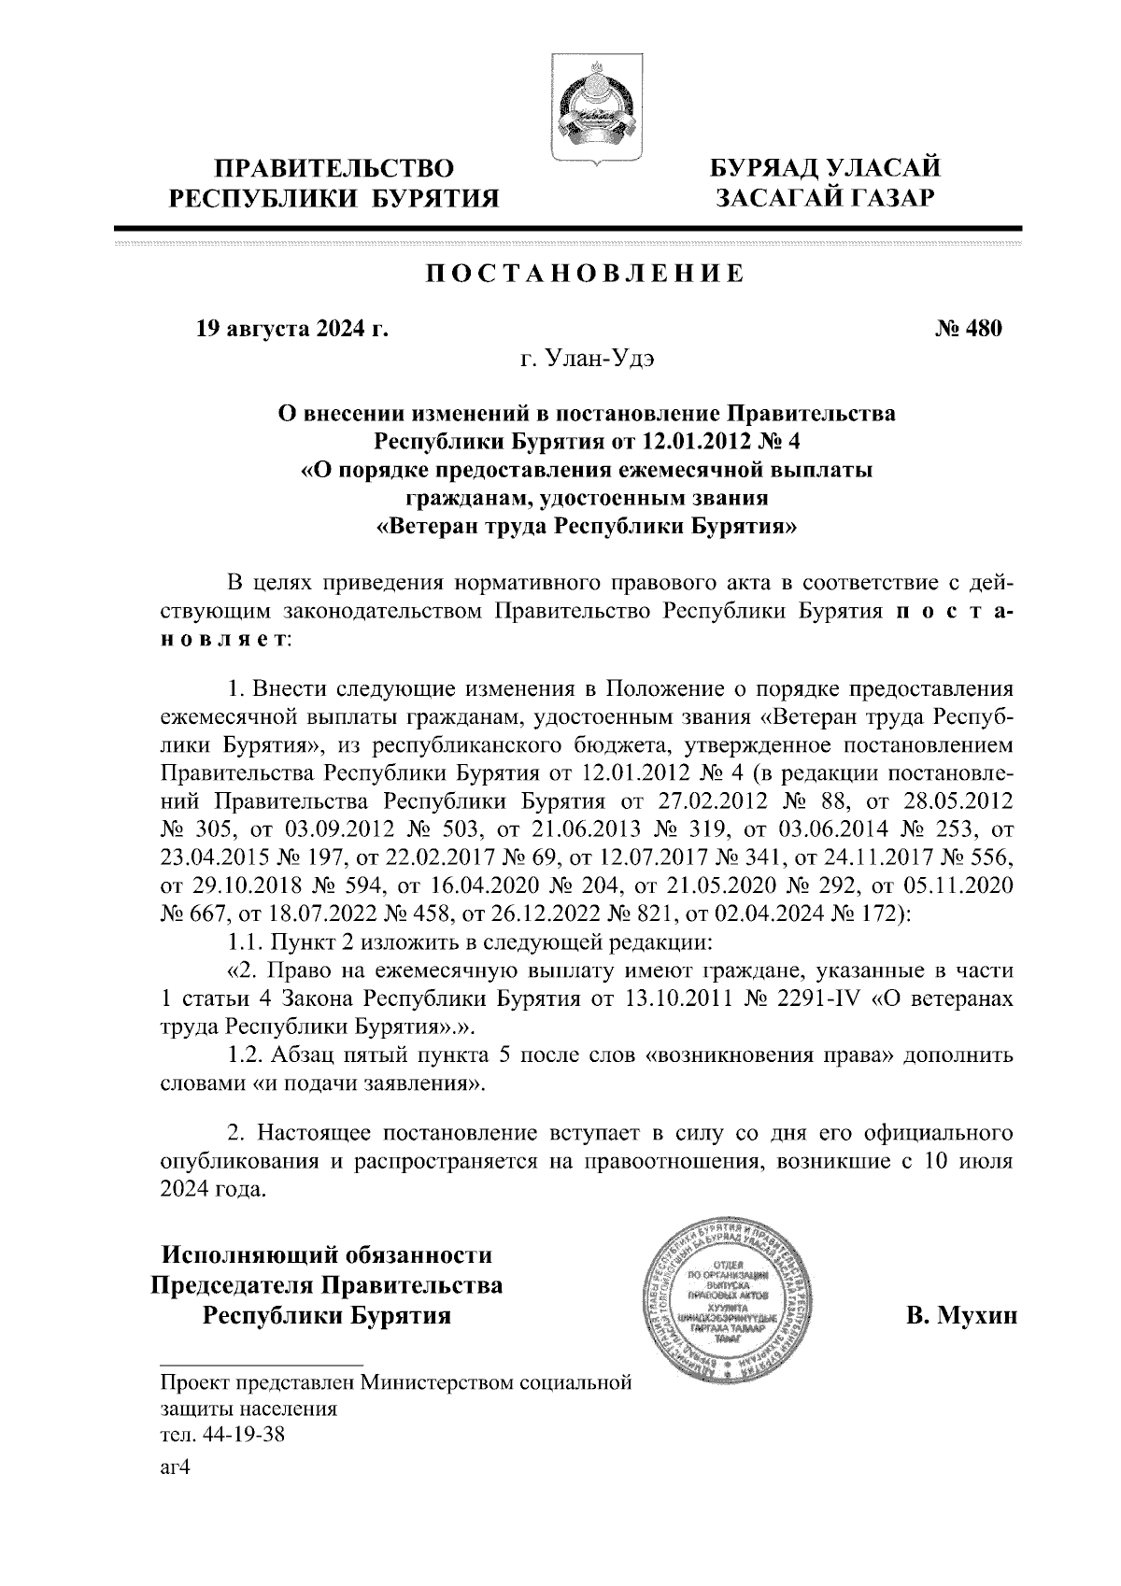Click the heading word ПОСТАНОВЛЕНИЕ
(x=585, y=274)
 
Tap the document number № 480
(x=968, y=329)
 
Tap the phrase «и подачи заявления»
(x=367, y=1085)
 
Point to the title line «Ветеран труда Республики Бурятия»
(x=587, y=526)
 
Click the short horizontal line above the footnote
(x=261, y=1363)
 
